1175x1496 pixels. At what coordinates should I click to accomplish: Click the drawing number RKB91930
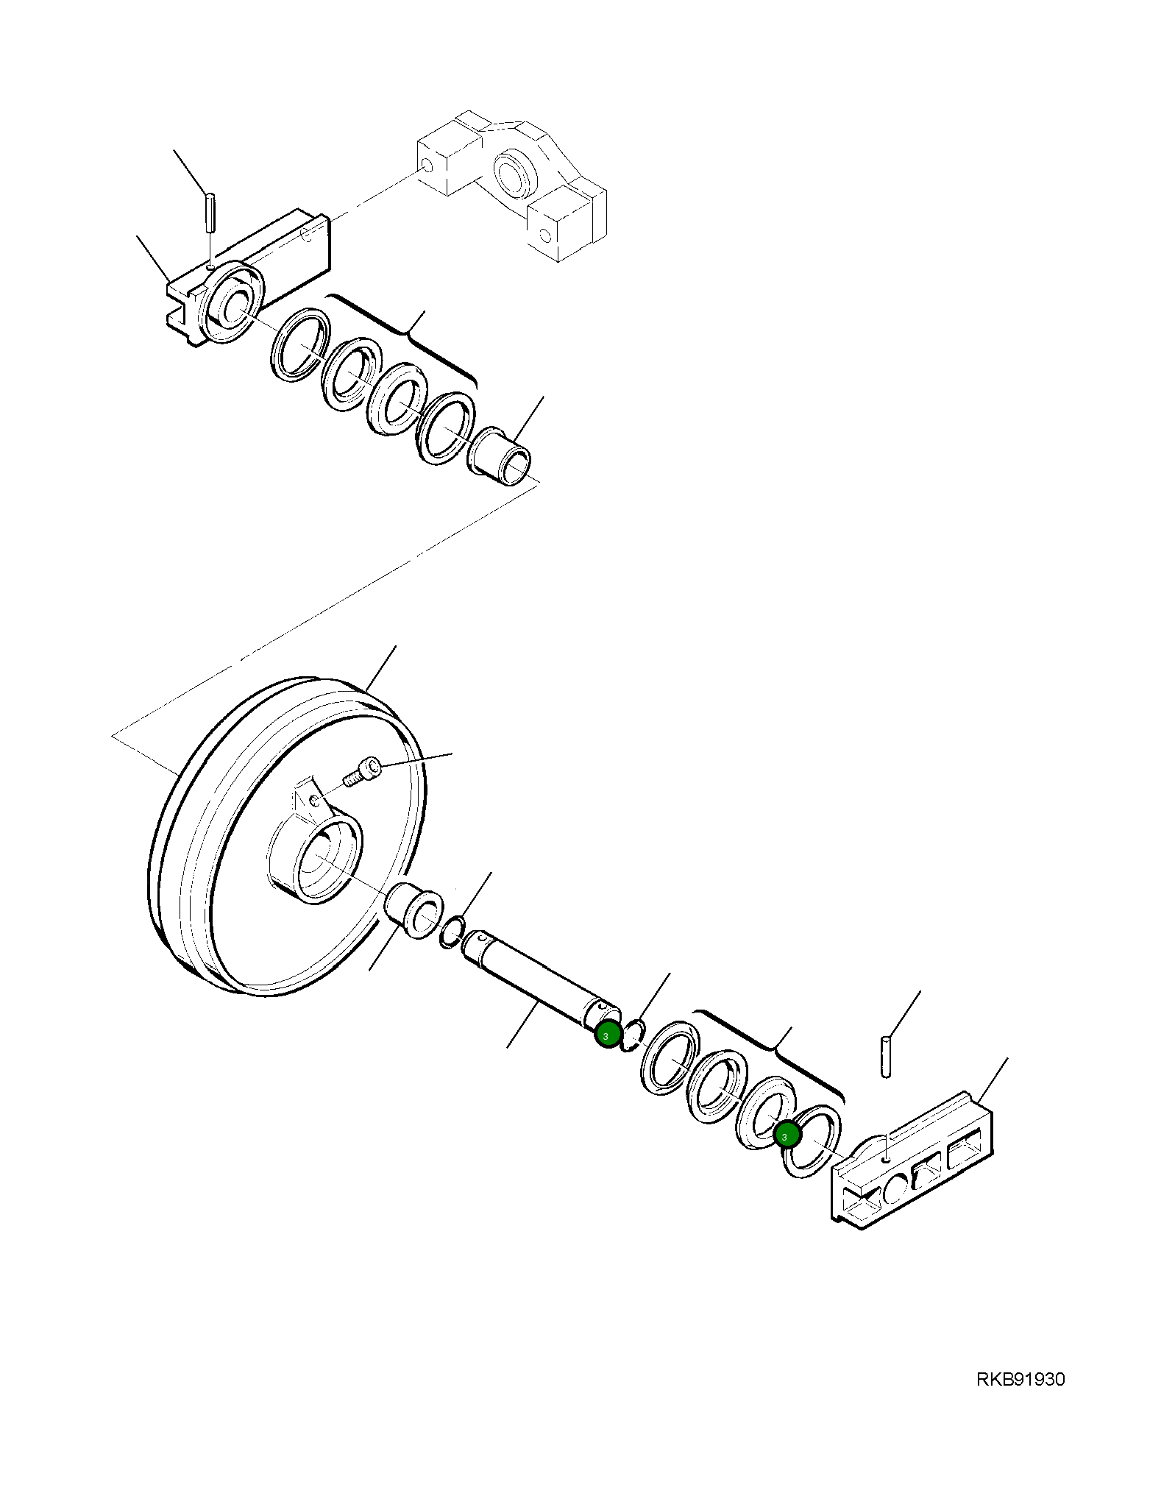1020,1379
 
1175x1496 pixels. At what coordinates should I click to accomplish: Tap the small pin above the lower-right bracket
886,1057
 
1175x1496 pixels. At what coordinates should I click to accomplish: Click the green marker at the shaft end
606,1035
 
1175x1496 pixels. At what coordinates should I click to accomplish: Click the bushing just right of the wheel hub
415,911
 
